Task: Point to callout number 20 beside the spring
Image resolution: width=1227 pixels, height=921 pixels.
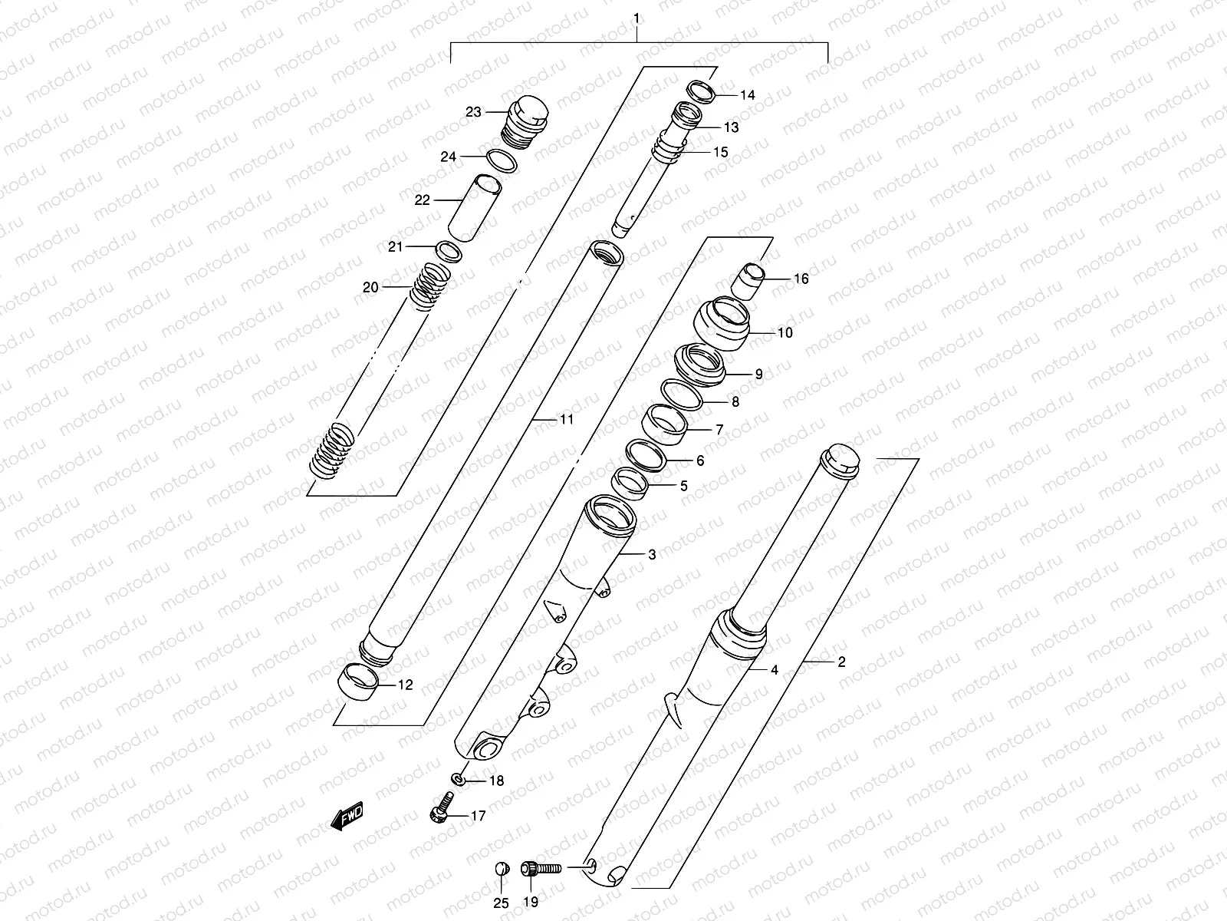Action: (370, 288)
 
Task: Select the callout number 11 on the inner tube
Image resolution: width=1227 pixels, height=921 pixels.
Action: (566, 420)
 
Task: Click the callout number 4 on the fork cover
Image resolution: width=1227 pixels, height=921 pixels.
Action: (775, 670)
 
